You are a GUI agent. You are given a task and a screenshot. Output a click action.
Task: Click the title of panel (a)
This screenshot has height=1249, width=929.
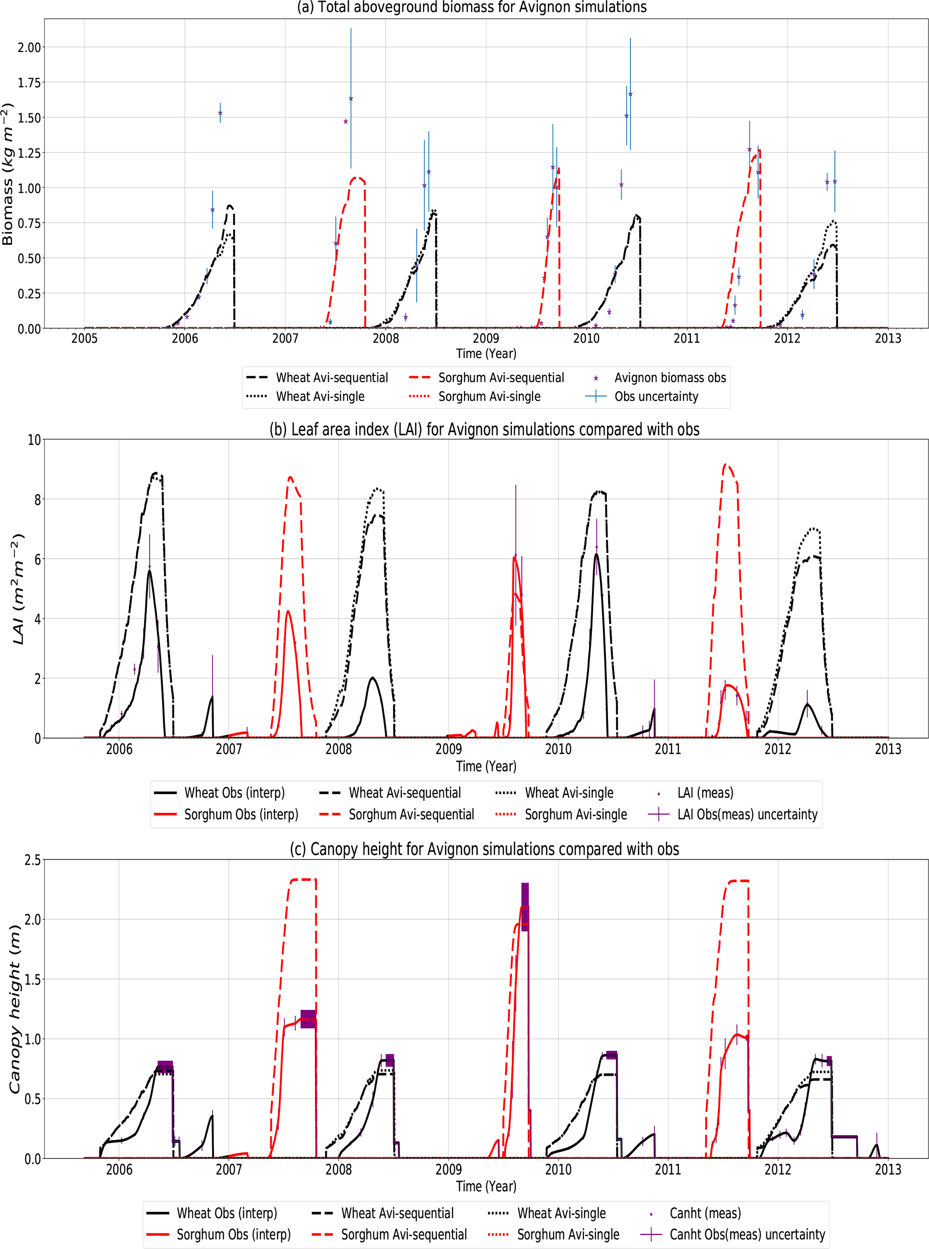click(471, 7)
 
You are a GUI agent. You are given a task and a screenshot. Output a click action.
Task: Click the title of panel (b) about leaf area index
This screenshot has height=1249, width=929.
click(484, 429)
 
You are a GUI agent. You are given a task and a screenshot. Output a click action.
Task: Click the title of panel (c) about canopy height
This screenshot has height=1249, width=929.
click(484, 849)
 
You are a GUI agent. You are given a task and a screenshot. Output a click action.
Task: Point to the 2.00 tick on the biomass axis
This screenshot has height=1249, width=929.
click(29, 47)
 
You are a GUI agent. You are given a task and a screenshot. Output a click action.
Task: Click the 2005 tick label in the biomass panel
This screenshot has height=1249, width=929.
click(84, 338)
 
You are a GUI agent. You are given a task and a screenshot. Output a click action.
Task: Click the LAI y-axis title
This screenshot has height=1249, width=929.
click(18, 589)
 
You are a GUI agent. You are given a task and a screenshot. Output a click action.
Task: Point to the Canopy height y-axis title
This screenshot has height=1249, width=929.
click(15, 1009)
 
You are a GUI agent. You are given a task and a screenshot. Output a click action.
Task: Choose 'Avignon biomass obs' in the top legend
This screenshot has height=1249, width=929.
click(670, 378)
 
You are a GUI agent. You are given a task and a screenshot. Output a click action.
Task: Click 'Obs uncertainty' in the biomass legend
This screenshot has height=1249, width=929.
click(656, 397)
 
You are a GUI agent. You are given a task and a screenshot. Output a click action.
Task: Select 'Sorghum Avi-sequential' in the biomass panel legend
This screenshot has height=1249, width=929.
click(501, 378)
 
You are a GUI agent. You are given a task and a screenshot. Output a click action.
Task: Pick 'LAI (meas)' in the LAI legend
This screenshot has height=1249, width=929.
click(705, 793)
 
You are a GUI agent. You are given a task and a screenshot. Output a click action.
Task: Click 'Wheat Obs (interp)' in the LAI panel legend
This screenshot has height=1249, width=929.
click(234, 793)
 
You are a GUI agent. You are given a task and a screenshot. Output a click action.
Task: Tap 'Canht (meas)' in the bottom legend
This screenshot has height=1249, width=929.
click(705, 1213)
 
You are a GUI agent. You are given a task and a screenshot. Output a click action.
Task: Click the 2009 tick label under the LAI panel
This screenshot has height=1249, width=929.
click(448, 749)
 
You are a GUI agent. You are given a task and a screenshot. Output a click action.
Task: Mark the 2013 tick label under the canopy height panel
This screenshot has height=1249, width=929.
click(887, 1169)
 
